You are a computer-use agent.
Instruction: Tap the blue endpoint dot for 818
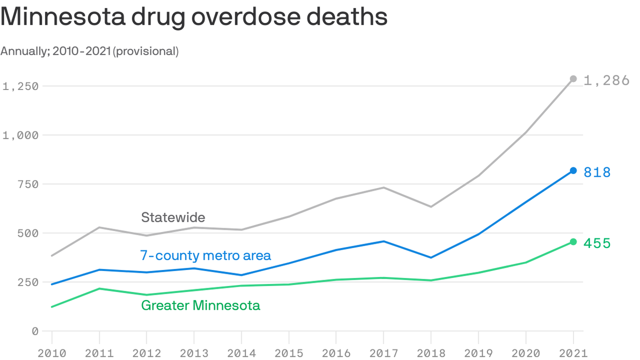tap(573, 171)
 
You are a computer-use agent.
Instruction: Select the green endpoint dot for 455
tap(573, 242)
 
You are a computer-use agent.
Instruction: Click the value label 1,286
tap(606, 81)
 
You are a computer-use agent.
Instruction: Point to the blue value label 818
tap(597, 172)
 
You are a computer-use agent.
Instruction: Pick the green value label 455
tap(597, 243)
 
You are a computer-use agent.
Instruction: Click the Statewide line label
tap(173, 217)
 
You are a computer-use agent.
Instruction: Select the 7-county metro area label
tap(205, 255)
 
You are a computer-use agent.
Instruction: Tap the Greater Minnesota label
tap(201, 306)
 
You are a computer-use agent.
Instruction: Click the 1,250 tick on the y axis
tap(20, 86)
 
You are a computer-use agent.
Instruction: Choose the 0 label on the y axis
tap(34, 331)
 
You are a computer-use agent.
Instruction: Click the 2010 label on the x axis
tap(52, 352)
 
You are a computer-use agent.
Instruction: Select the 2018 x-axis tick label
tap(431, 352)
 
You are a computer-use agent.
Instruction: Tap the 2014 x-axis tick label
tap(241, 352)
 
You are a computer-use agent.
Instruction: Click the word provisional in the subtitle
tap(145, 51)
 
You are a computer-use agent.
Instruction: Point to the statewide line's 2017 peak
tap(384, 187)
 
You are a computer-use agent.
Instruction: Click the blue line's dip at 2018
tap(431, 257)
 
